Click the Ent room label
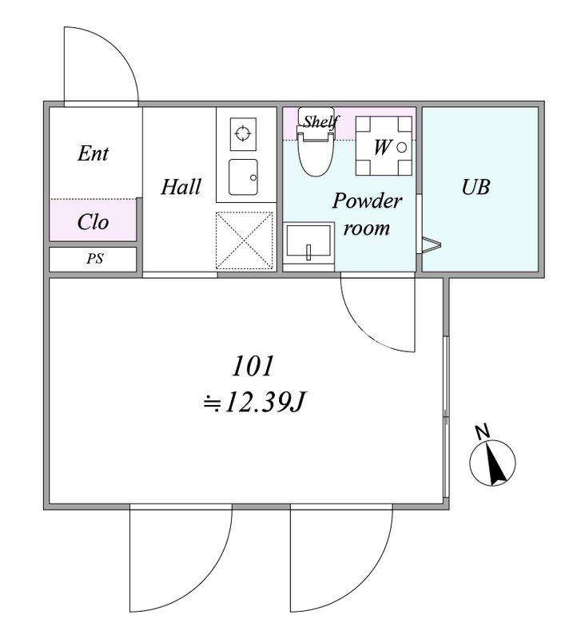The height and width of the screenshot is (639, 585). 93,153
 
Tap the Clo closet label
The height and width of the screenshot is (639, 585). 93,222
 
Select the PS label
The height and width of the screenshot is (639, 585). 94,258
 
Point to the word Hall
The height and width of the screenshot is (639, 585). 181,187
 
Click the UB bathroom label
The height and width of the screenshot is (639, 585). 476,187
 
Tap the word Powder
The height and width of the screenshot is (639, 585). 367,200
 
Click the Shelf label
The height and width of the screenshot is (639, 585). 321,121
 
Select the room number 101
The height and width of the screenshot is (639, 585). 253,366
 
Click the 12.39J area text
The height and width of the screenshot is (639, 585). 265,403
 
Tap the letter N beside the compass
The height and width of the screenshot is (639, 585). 483,432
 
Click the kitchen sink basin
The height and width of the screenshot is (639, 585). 244,177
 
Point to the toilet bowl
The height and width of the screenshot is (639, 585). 316,155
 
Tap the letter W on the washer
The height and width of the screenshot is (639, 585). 382,147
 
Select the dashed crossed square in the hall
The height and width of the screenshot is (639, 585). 245,240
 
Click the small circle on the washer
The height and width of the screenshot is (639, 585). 401,148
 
